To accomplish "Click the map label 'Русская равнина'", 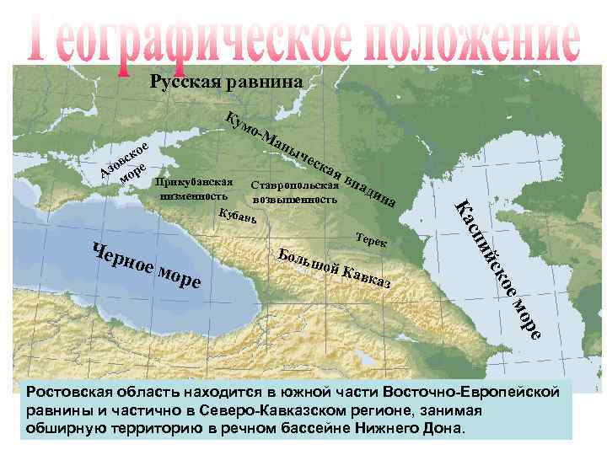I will click(225, 82).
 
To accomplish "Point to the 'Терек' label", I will click(371, 239).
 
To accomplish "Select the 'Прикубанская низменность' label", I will click(194, 190).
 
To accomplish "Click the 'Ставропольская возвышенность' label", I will click(295, 191).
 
